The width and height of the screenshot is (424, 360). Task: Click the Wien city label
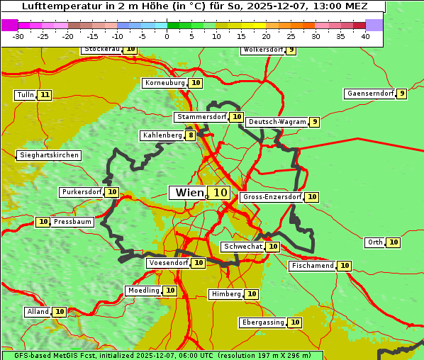189,193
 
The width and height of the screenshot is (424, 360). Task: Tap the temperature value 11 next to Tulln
45,95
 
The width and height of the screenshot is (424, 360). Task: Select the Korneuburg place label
165,83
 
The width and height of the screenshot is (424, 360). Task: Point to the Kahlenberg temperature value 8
190,135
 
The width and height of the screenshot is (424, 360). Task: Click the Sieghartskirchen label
48,155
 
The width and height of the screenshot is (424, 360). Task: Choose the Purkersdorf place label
82,192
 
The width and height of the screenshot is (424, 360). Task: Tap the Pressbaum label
72,222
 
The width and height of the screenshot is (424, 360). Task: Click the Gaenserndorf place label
369,94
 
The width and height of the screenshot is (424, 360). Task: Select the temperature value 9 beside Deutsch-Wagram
314,122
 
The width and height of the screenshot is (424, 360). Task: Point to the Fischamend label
312,266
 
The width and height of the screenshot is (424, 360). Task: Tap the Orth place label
374,242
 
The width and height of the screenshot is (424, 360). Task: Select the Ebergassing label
262,322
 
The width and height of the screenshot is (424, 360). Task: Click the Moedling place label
143,291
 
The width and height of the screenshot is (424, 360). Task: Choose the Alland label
38,312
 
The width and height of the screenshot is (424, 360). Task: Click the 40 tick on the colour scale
365,36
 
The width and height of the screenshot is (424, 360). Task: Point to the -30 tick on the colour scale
18,36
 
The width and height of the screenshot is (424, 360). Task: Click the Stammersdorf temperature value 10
237,117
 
